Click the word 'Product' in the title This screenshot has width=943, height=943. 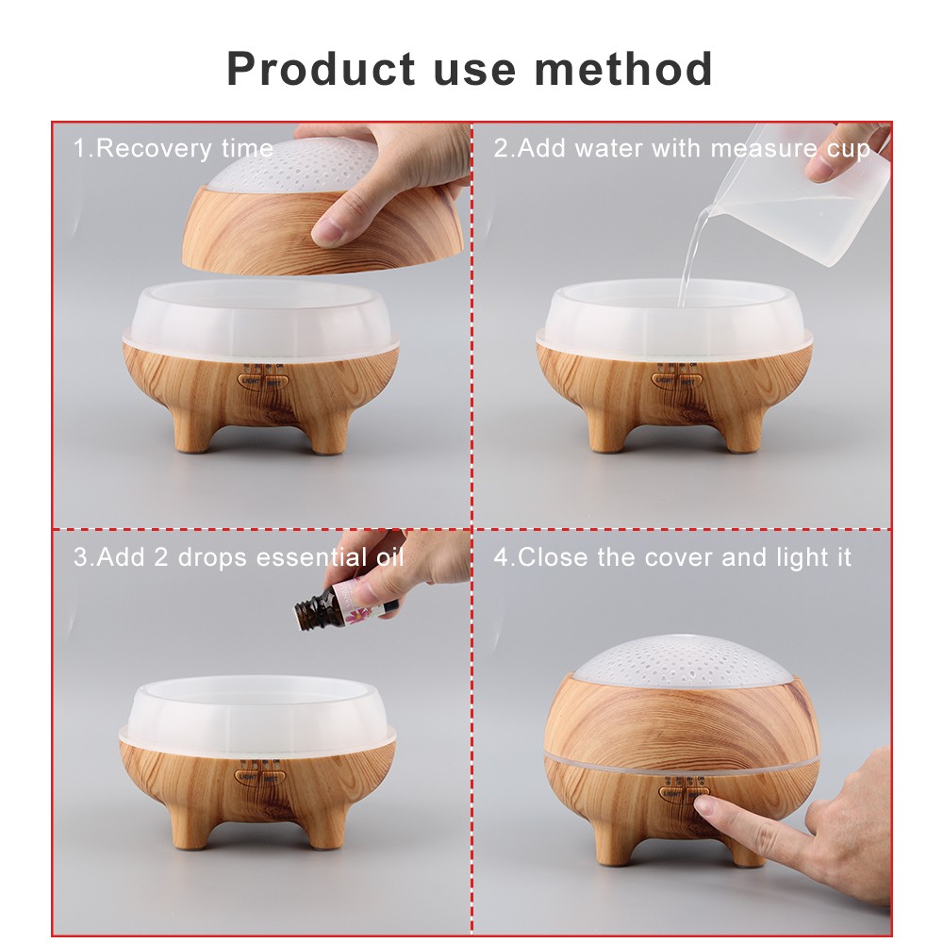(x=321, y=69)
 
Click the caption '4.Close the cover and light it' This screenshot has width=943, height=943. (x=672, y=557)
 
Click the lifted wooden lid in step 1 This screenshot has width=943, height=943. (x=273, y=222)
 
